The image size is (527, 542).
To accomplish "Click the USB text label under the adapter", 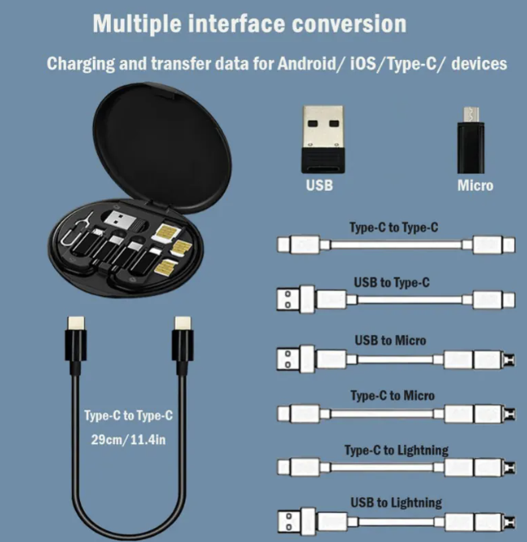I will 319,185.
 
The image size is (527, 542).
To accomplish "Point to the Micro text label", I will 475,185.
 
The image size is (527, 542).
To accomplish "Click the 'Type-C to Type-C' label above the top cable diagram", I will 394,227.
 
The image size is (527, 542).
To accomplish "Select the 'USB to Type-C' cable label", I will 392,282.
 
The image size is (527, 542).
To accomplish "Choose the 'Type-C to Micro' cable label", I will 393,396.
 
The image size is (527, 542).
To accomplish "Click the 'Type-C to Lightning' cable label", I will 396,450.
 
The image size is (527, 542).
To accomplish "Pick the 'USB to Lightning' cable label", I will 396,502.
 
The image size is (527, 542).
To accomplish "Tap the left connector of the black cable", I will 73,345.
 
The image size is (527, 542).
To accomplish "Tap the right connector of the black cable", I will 183,345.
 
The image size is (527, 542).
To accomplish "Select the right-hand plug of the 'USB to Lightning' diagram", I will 490,520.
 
